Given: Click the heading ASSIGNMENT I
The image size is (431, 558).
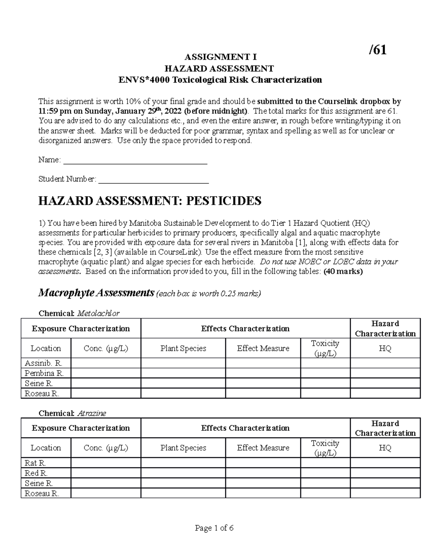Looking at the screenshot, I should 220,57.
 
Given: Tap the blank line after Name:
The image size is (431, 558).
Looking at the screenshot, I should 135,160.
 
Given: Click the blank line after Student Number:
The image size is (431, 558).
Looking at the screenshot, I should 153,179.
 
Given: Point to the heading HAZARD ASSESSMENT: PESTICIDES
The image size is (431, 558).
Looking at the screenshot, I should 150,201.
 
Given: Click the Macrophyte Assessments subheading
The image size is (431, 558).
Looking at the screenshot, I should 96,293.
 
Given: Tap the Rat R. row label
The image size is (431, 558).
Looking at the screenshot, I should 35,463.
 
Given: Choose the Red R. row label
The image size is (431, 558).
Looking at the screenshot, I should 36,473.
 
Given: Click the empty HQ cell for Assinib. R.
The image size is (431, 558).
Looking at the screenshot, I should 385,363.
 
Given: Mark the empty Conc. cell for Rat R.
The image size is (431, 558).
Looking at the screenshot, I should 106,463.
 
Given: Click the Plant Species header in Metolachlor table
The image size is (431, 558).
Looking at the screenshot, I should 183,349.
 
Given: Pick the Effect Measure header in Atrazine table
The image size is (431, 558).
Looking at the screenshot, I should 263,448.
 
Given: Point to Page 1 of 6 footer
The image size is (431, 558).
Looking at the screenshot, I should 214,528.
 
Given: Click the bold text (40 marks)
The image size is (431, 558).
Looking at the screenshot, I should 343,272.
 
